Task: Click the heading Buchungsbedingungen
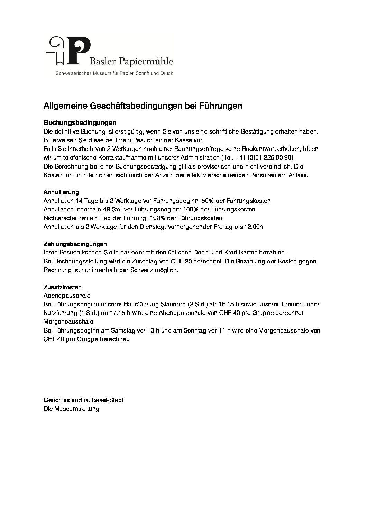point(80,123)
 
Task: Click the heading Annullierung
point(61,192)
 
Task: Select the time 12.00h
point(252,227)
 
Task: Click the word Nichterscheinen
point(65,218)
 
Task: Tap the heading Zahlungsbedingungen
point(75,244)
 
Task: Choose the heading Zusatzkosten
point(63,287)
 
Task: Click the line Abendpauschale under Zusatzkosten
point(67,296)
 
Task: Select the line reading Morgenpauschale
point(68,322)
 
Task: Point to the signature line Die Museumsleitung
point(71,409)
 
